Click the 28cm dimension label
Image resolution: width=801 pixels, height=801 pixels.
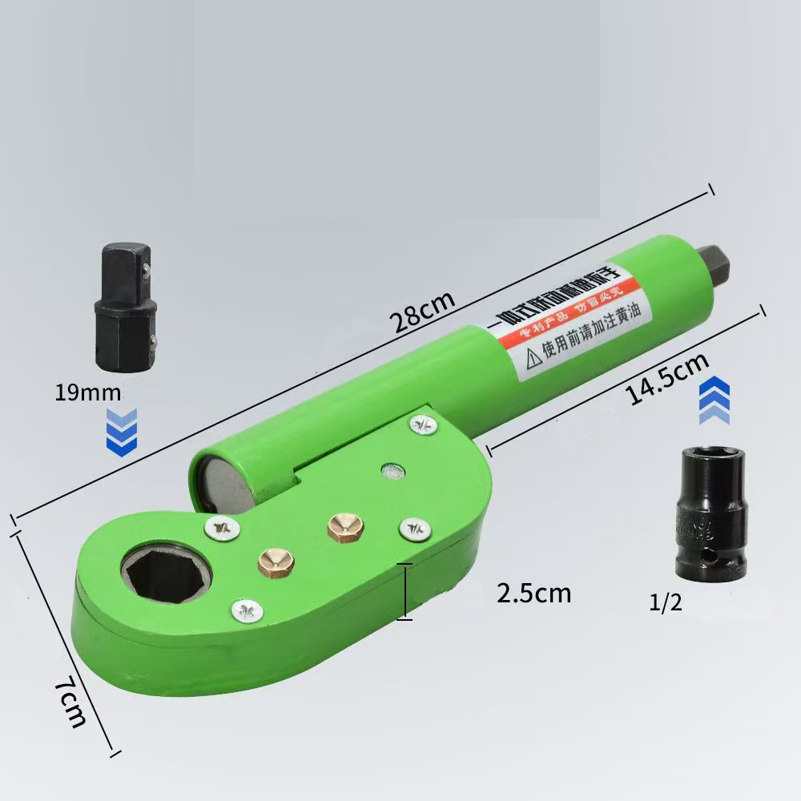[x=422, y=312]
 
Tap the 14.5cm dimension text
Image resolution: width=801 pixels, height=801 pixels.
[x=667, y=380]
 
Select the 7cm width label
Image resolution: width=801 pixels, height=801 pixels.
[x=70, y=702]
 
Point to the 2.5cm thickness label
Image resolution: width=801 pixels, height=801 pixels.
[x=533, y=593]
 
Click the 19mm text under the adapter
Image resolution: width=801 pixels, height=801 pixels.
[x=88, y=392]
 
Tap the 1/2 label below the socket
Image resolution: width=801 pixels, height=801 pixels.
[x=666, y=602]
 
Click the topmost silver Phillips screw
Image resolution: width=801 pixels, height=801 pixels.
[x=425, y=425]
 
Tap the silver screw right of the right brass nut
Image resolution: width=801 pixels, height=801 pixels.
[x=413, y=529]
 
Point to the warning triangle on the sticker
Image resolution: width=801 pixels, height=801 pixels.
[x=531, y=357]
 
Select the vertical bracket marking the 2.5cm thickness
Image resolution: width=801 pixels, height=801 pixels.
[x=405, y=591]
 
